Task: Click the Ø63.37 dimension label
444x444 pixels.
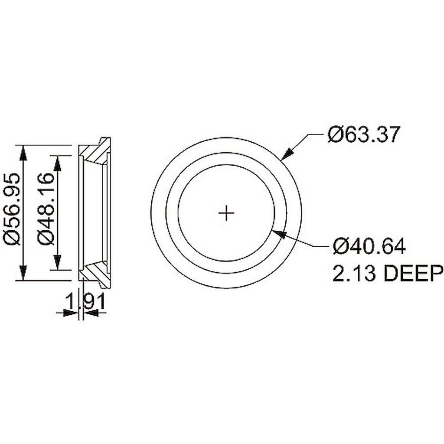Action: click(362, 135)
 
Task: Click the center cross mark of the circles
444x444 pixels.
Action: click(226, 213)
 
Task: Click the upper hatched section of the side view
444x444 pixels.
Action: click(95, 152)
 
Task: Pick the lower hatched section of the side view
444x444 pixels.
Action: click(95, 274)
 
